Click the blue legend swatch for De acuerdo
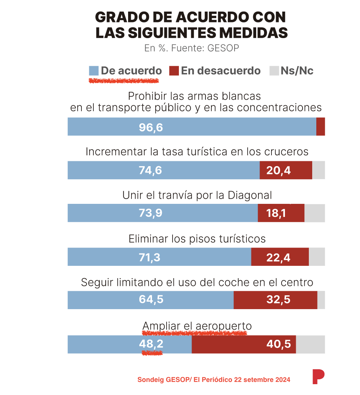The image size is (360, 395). click(94, 71)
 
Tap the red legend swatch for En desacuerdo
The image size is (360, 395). click(174, 71)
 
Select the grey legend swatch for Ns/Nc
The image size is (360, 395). click(274, 71)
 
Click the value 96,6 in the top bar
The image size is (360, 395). click(151, 127)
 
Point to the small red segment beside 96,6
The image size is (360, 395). click(320, 127)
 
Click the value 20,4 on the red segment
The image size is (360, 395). click(279, 171)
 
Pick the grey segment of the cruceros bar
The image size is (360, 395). click(318, 170)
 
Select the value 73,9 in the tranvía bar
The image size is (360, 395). click(150, 214)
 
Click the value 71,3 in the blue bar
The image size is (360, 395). click(149, 257)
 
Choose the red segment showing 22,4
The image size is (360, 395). click(280, 257)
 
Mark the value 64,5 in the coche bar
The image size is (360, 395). click(151, 300)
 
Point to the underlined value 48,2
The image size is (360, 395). click(151, 344)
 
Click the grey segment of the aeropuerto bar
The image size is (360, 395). click(310, 344)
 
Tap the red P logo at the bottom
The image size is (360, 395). click(318, 376)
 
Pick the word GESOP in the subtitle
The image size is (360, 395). click(223, 48)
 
